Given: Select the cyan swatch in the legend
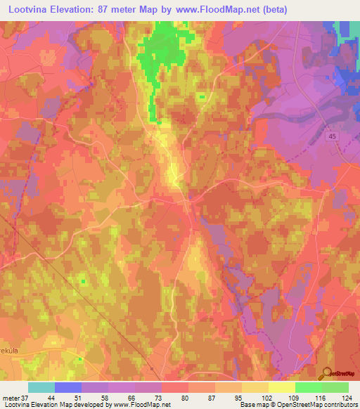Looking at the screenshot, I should [41, 387].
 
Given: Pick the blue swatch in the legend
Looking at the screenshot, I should [67, 387].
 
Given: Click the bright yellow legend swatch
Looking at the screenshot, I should [281, 387].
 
